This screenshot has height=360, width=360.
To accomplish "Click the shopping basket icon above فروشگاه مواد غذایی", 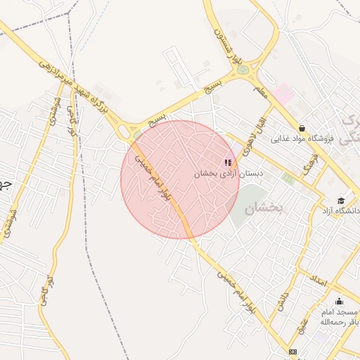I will click(x=302, y=128).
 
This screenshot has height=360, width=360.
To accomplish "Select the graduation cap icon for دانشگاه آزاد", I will click(x=341, y=200).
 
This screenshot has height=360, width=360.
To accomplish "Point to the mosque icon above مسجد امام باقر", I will click(x=339, y=301).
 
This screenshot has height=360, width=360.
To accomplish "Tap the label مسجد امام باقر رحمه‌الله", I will click(x=337, y=316).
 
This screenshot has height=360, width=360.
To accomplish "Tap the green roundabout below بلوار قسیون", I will click(x=243, y=70).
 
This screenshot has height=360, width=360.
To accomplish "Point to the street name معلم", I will click(x=263, y=91).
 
